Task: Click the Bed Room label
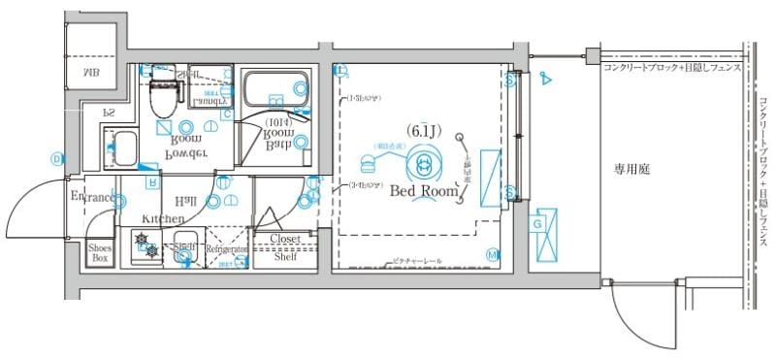[x=423, y=191]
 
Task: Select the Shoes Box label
[x=100, y=253]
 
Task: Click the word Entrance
[x=94, y=198]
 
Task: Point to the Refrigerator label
[x=228, y=249]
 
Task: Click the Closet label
[x=285, y=238]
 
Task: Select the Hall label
[x=186, y=200]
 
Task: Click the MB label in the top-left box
[x=90, y=73]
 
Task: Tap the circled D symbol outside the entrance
[x=57, y=158]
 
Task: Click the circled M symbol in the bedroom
[x=492, y=254]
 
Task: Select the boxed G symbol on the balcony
[x=536, y=225]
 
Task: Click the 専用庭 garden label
[x=631, y=169]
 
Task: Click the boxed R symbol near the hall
[x=152, y=181]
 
